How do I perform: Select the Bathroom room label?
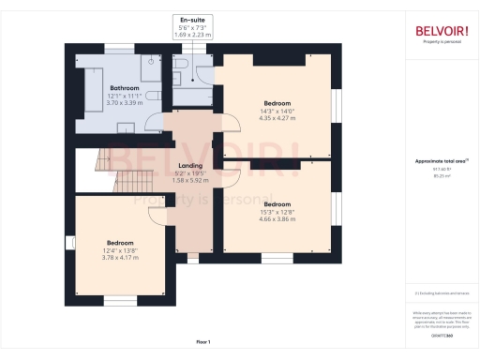pyautogui.click(x=125, y=88)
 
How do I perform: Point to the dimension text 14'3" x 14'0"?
pyautogui.click(x=277, y=111)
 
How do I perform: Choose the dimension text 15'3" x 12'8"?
pyautogui.click(x=277, y=211)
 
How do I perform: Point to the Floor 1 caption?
pyautogui.click(x=203, y=341)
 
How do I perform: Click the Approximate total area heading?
pyautogui.click(x=440, y=161)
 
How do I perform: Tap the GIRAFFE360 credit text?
pyautogui.click(x=441, y=334)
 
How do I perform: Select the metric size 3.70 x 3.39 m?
pyautogui.click(x=125, y=103)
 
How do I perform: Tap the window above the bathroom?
pyautogui.click(x=118, y=46)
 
